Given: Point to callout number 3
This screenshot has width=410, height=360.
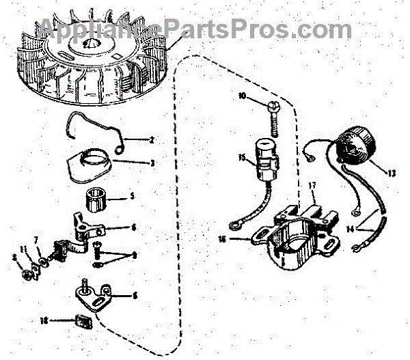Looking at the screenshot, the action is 151,163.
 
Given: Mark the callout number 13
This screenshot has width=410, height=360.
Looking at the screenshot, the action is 392,174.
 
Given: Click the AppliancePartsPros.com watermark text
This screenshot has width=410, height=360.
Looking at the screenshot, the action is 198,29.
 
